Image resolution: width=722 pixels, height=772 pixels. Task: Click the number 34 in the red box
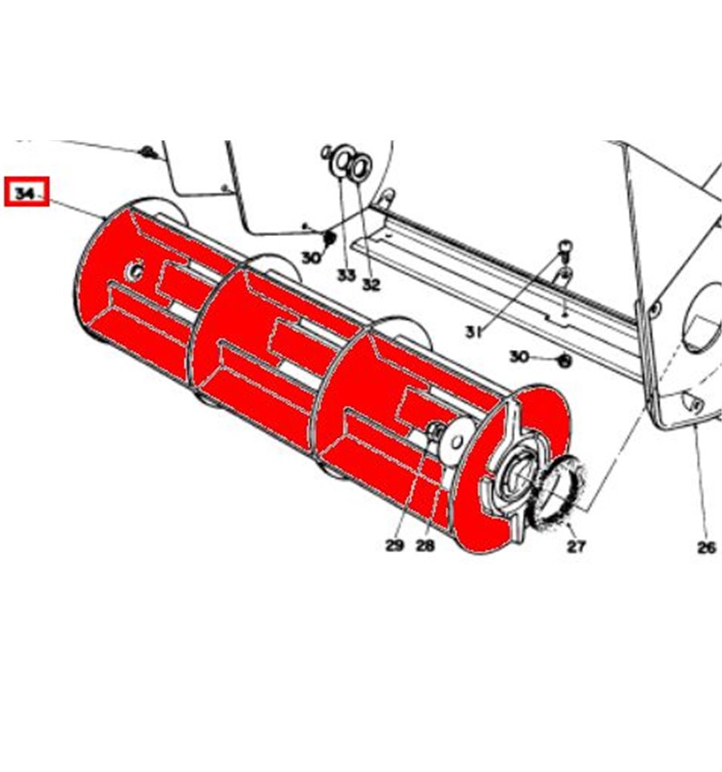25,193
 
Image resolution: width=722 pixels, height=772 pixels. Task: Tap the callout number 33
346,275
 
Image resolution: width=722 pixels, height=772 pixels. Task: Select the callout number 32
371,284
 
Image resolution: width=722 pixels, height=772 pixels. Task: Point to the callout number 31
473,333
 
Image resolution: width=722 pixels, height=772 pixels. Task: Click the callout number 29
394,545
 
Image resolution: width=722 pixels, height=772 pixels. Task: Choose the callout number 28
425,546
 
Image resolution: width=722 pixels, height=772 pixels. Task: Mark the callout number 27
576,546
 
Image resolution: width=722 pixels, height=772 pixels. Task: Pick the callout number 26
707,547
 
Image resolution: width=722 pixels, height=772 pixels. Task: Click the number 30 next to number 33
311,258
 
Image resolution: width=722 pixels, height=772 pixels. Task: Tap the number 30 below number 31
519,356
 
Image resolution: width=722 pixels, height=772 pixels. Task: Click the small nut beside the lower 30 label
565,361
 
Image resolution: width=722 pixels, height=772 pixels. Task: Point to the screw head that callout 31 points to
566,246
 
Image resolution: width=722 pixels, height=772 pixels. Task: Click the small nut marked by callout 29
435,430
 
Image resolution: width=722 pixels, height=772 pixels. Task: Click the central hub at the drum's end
513,475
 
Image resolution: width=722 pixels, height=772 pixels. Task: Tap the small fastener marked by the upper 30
329,238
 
